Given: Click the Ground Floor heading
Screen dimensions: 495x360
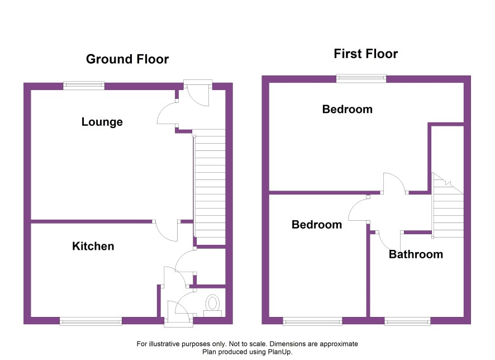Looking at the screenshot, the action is tap(127, 59).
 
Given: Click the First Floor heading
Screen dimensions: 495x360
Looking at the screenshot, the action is tap(365, 54).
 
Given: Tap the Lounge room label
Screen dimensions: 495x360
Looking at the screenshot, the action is tap(102, 122).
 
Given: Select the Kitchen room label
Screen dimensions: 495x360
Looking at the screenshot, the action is tap(93, 246).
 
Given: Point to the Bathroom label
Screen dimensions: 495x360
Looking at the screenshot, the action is tap(416, 254).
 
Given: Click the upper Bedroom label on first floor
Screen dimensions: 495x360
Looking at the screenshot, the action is tap(348, 109).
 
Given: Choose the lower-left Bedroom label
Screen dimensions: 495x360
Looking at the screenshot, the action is tap(317, 225).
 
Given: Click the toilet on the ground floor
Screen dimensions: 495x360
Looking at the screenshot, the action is tap(212, 305).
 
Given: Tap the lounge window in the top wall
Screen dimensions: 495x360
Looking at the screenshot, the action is tap(84, 86).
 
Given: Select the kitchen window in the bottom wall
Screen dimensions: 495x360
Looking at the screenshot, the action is tap(91, 321).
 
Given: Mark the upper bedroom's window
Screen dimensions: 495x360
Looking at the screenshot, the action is tap(361, 78).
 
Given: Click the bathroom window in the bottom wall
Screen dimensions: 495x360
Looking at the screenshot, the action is tap(407, 321).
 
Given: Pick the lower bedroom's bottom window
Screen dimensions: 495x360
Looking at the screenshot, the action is tap(312, 321).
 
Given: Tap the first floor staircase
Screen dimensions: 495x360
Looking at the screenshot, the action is tap(448, 205).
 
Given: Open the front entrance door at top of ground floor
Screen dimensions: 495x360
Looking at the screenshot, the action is tap(198, 93).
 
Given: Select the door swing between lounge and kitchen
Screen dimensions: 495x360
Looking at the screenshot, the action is tap(166, 231).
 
